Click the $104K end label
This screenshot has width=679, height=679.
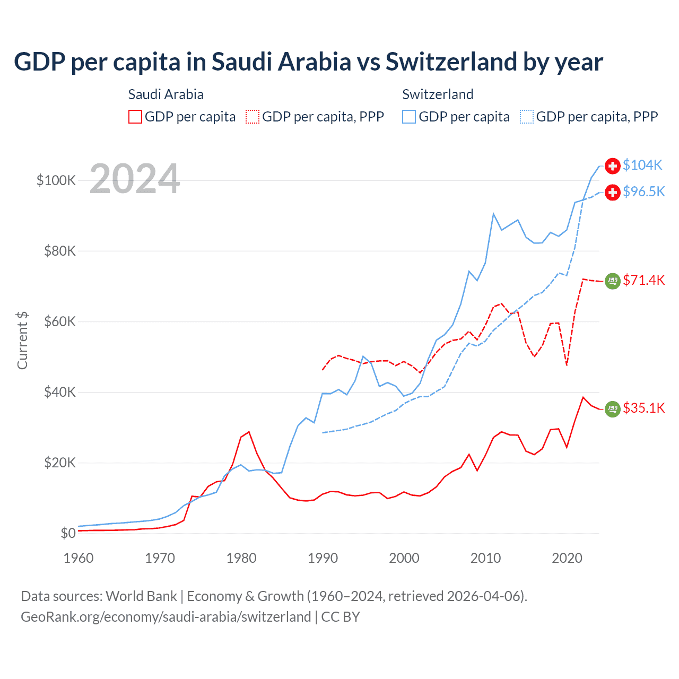pos(642,166)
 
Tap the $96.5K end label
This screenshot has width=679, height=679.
pos(643,191)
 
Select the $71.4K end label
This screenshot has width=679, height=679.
pos(643,280)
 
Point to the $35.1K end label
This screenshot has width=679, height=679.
pos(643,408)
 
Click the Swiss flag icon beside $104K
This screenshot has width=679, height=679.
pos(613,166)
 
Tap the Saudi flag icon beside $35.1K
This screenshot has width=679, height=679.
pos(613,408)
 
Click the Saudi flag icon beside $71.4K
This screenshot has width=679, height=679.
pos(613,281)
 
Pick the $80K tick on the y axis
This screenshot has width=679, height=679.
pos(60,251)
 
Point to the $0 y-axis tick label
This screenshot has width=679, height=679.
pos(68,533)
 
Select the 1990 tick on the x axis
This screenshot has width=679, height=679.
pos(323,558)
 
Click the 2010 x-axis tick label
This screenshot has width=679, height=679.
pos(485,558)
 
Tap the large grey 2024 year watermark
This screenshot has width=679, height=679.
pos(135,179)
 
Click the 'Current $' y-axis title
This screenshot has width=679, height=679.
pos(22,340)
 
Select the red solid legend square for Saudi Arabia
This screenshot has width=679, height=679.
pos(135,117)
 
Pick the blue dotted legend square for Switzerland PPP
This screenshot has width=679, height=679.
pos(527,117)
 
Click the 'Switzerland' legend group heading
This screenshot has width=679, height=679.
pos(438,94)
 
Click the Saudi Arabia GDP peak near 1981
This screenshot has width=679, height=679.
pos(249,432)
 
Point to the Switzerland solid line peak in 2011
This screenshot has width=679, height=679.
pos(493,214)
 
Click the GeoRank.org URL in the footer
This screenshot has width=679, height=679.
pos(166,617)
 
